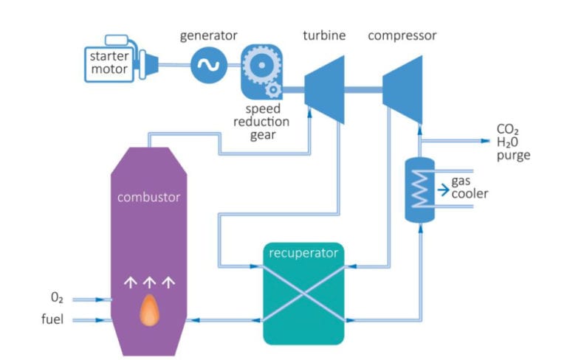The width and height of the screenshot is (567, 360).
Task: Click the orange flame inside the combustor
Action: pos(150,310)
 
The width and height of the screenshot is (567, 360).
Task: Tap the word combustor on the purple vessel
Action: pos(148,197)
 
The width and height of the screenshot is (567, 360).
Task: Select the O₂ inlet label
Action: pos(56,297)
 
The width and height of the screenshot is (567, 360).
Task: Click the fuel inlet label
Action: pos(53,319)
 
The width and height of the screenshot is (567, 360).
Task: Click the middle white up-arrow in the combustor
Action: pos(150,280)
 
